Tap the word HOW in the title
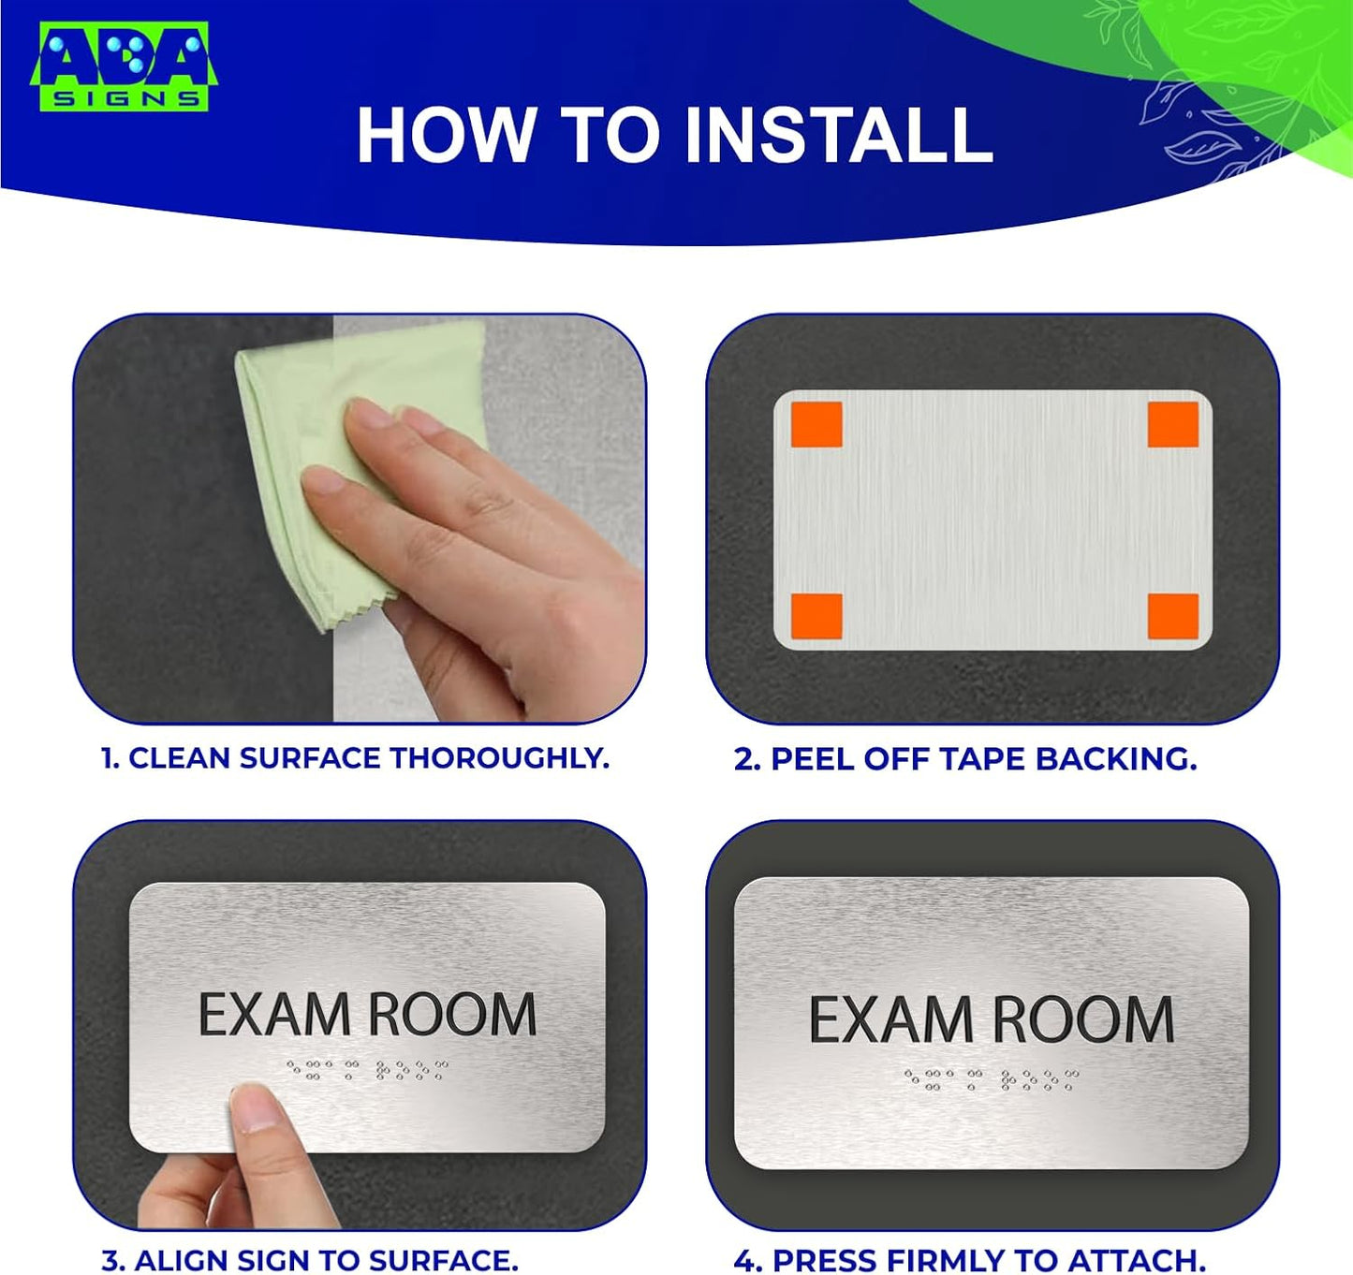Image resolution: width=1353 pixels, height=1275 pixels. pos(445,136)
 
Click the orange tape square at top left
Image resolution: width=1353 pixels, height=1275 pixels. pos(816,424)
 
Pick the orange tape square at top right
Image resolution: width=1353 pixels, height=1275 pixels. pos(1173,424)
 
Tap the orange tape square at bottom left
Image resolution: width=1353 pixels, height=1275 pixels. pos(816,616)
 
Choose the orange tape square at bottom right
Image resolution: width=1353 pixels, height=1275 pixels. pos(1173,616)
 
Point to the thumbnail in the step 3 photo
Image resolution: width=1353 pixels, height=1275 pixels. pos(255,1107)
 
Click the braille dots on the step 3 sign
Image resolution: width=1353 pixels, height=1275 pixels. pos(367,1069)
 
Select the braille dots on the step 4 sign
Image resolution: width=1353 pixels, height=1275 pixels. pos(991,1079)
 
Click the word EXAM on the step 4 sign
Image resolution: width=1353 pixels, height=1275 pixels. pos(890,1020)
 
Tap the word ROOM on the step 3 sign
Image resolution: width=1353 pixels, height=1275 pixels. pos(451,1015)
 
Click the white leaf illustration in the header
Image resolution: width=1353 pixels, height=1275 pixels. pos(1199,122)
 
